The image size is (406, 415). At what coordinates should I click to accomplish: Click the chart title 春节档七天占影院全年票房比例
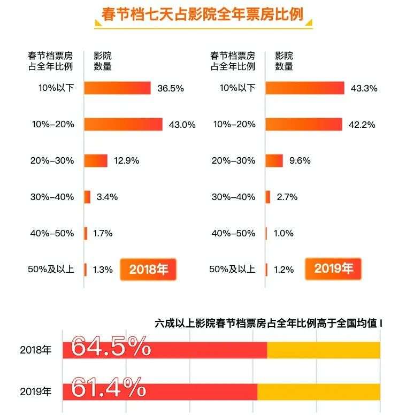[x=202, y=14]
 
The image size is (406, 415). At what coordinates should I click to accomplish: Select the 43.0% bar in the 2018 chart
[x=123, y=125]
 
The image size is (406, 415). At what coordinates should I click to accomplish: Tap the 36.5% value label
[x=170, y=89]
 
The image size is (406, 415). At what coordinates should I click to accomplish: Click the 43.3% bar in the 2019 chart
[x=305, y=88]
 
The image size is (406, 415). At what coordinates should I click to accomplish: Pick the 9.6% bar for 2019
[x=274, y=160]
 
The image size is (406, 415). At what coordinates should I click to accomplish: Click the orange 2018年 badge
[x=148, y=270]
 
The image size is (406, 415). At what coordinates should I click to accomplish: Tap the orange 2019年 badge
[x=333, y=268]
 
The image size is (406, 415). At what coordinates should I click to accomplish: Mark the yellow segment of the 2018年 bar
[x=323, y=350]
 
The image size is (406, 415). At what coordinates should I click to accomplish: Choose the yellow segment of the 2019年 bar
[x=318, y=391]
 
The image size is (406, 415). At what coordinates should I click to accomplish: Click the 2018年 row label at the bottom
[x=36, y=351]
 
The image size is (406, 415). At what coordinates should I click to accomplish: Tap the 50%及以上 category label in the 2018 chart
[x=52, y=270]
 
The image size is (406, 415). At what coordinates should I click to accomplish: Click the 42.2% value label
[x=362, y=125]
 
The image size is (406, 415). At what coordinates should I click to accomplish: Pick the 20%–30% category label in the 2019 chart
[x=234, y=161]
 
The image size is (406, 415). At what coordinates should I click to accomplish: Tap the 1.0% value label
[x=284, y=234]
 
